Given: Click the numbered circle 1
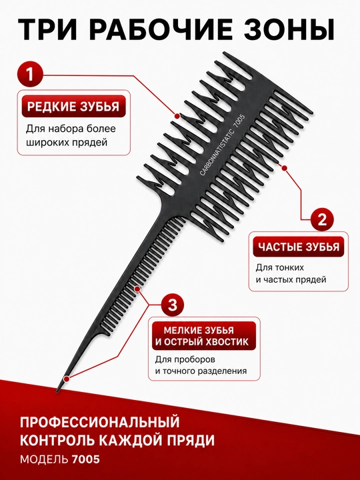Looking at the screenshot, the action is (x=30, y=75).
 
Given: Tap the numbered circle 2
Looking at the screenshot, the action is (x=322, y=219).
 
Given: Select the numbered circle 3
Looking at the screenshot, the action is (x=173, y=305).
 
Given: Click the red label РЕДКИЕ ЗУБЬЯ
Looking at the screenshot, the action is (x=73, y=107).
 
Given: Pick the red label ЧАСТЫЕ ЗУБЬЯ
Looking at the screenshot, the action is (x=299, y=247).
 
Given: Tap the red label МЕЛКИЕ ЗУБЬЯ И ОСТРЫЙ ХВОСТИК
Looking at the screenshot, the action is (x=204, y=336).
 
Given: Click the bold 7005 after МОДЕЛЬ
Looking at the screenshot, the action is (x=86, y=459).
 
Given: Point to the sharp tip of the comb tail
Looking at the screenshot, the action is (x=57, y=391).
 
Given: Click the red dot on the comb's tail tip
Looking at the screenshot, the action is (x=67, y=379).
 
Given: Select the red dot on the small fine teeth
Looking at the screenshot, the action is (x=137, y=289).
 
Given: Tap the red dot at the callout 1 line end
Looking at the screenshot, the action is (x=177, y=116).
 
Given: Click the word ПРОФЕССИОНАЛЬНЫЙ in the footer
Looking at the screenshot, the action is (x=100, y=422).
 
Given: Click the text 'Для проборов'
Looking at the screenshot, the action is (x=185, y=359).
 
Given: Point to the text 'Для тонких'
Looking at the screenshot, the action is (x=280, y=267).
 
